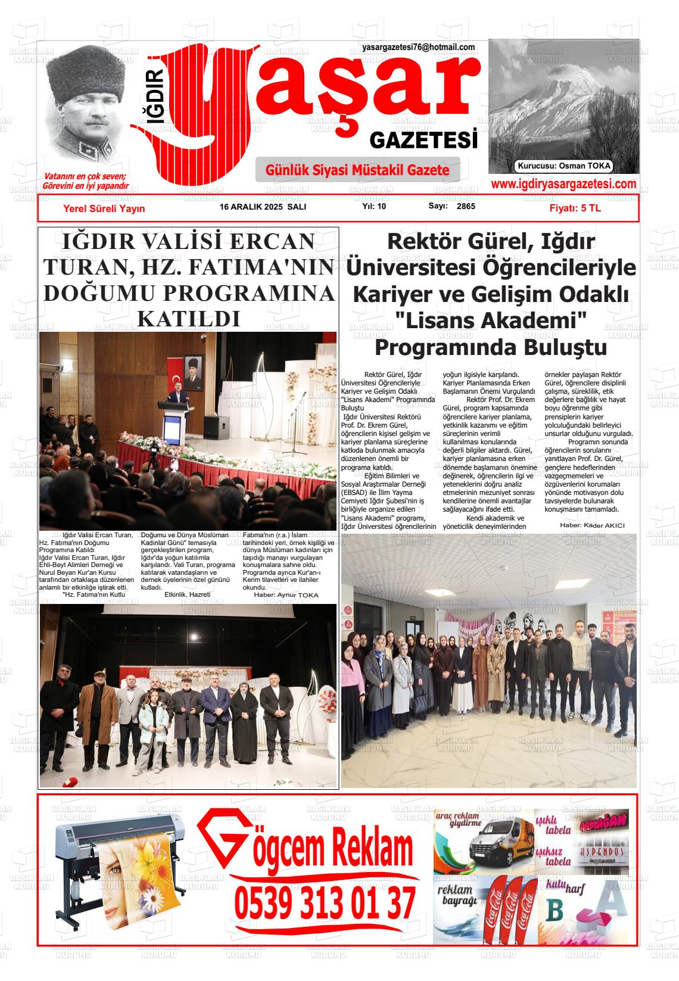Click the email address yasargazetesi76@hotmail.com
pos(418,48)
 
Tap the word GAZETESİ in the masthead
pos(423,141)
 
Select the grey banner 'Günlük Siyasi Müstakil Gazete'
pos(357,170)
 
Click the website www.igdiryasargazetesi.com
pos(563,185)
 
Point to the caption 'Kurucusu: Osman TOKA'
pos(564,167)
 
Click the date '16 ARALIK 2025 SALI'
pos(263,207)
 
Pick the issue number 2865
pos(466,207)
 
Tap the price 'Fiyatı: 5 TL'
pos(575,208)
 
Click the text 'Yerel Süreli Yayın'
pos(104,208)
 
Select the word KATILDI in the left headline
pos(188,319)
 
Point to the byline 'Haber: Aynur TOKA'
pos(286,595)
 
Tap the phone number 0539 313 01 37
pos(325,903)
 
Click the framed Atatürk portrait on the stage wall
pos(194,372)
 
